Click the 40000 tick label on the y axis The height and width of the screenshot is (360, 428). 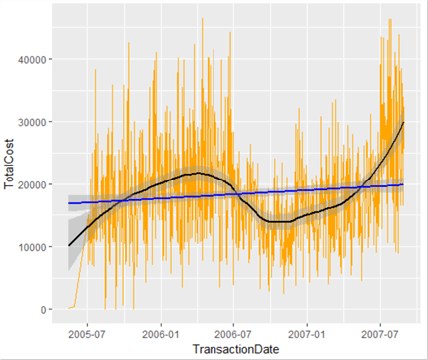point(36,59)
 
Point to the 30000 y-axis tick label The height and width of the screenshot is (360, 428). point(36,122)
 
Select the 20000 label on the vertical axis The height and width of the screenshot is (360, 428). point(36,184)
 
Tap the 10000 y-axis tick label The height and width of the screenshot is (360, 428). point(36,247)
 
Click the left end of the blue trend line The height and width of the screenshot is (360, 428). point(69,203)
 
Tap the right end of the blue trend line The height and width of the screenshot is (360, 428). point(403,184)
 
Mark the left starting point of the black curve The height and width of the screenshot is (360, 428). point(69,245)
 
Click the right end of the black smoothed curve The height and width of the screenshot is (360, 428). point(403,122)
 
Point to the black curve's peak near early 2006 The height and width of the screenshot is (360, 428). point(200,174)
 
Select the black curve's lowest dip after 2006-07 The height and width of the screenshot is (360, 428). point(271,221)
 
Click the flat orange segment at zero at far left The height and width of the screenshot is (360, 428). point(72,308)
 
